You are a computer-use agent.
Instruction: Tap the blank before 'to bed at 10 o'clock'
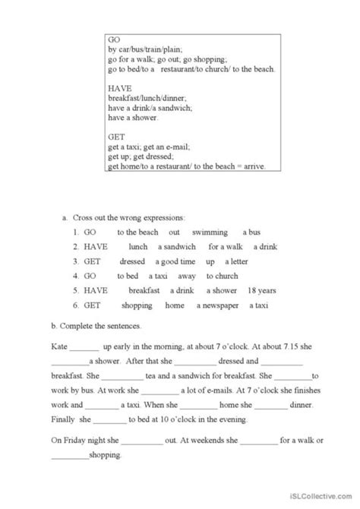(111, 420)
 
